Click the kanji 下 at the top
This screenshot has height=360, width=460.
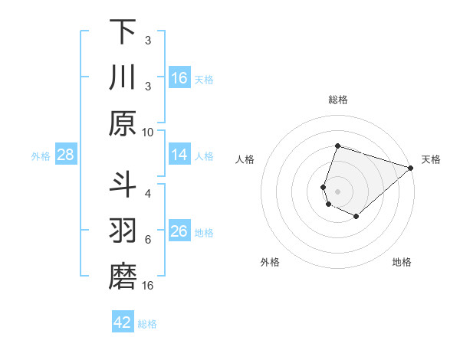coord(123,32)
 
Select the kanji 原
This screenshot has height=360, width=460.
coord(123,123)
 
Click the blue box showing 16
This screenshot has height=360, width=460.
coord(179,78)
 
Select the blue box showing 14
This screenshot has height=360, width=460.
coord(179,155)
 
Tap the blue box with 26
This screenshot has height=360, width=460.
coord(179,232)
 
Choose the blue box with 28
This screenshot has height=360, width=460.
coord(65,155)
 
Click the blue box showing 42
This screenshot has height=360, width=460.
coord(123,322)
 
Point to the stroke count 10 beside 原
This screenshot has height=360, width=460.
coord(148,132)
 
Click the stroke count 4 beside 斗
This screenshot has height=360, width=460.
coord(148,193)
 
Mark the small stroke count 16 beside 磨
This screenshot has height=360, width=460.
coord(148,286)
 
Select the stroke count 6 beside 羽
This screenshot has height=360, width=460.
coord(148,239)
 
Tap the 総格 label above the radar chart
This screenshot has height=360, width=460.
coord(338,100)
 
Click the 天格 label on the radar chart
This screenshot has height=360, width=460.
coord(431,159)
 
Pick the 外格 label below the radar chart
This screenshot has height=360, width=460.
coord(270,262)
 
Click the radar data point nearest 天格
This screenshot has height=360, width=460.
coord(411,169)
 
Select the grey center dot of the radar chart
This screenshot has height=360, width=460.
coord(338,191)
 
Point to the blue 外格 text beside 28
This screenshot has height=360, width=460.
coord(41,156)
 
